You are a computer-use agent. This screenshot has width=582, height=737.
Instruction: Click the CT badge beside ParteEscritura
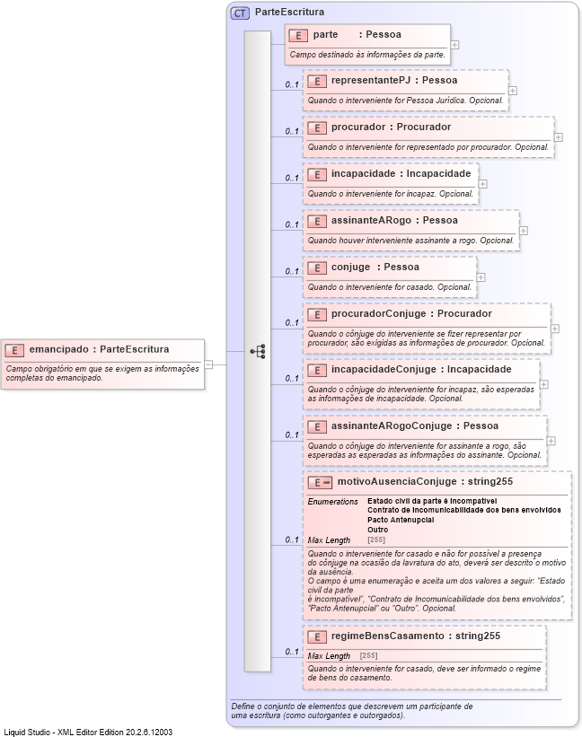(240, 13)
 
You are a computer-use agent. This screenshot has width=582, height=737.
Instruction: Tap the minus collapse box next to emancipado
(208, 364)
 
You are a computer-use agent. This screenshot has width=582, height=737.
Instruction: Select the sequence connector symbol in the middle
(258, 351)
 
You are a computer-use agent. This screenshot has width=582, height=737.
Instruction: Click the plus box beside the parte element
(455, 44)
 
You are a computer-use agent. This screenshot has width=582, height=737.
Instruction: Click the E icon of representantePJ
(315, 81)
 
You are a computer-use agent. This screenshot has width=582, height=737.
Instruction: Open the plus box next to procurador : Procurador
(559, 137)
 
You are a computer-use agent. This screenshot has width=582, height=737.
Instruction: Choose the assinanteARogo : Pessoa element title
(394, 220)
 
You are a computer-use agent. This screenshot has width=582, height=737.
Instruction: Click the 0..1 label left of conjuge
(292, 271)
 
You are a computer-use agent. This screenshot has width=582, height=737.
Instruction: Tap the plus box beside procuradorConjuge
(555, 329)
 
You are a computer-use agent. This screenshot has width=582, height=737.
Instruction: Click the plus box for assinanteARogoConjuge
(551, 441)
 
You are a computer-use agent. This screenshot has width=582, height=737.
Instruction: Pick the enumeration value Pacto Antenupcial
(401, 520)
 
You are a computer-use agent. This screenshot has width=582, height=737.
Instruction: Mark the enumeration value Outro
(378, 530)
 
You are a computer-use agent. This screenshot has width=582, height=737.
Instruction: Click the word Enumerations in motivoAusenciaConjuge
(332, 501)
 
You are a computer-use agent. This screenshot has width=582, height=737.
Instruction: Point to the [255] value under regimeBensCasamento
(368, 656)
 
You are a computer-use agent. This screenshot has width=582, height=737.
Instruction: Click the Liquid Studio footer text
(88, 732)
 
